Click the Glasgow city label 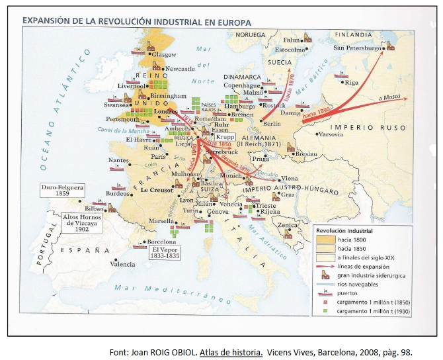pyautogui.click(x=164, y=54)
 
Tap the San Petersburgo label pyautogui.click(x=358, y=48)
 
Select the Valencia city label pyautogui.click(x=122, y=264)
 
